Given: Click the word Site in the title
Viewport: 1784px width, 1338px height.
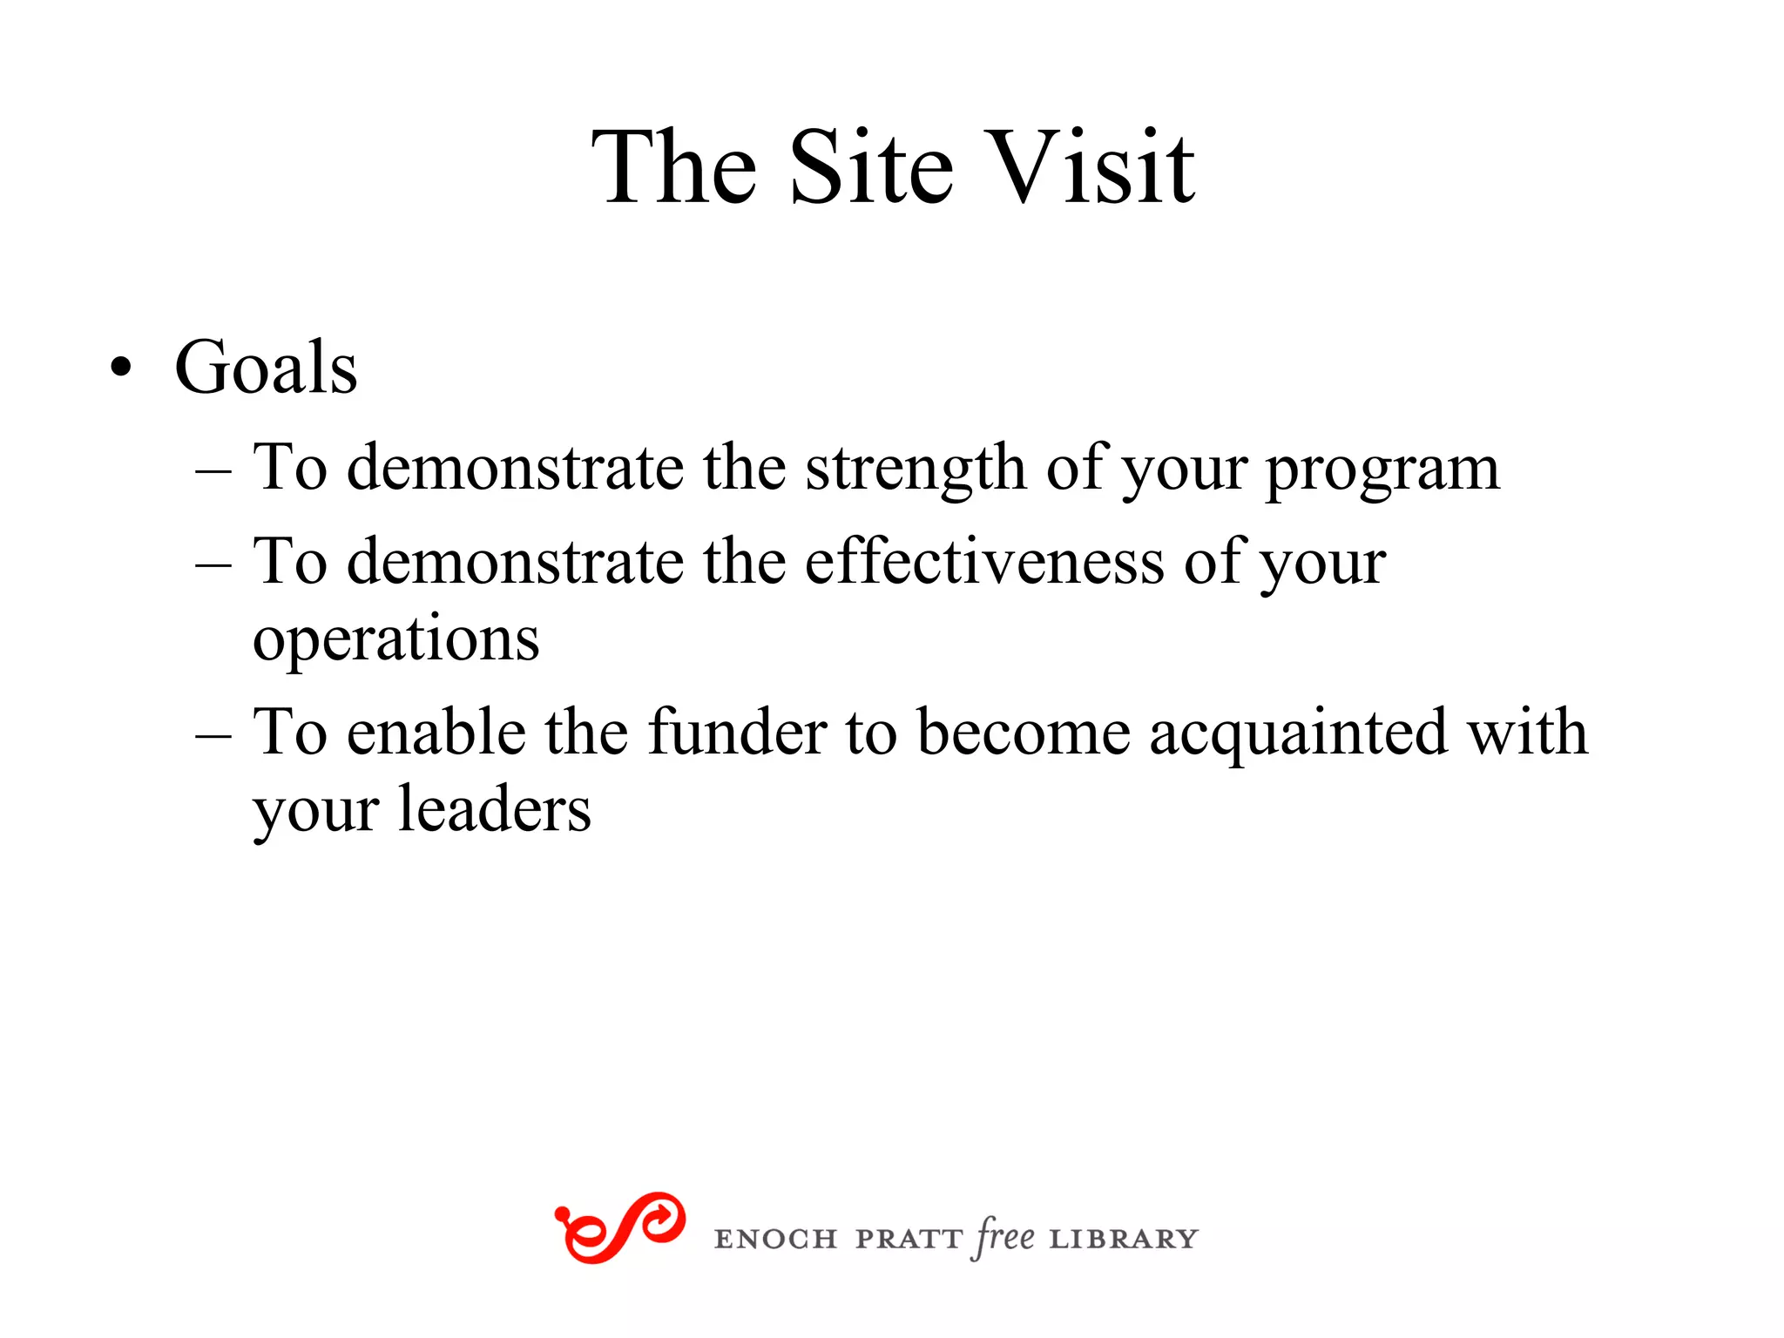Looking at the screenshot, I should click(x=871, y=167).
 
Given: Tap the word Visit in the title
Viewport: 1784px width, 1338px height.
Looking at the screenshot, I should click(x=1092, y=167).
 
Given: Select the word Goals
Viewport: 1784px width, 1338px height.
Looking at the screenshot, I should click(x=266, y=368).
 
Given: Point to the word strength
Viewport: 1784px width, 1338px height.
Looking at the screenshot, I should click(x=916, y=469).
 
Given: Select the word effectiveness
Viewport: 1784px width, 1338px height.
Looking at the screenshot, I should click(x=984, y=562).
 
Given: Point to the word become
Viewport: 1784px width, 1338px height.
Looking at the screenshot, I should click(x=1024, y=732).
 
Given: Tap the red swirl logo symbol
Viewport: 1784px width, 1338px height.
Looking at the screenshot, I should click(x=619, y=1227).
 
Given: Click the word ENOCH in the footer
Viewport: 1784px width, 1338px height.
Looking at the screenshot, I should click(x=775, y=1239).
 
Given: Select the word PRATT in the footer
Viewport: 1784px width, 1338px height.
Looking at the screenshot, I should click(x=909, y=1239).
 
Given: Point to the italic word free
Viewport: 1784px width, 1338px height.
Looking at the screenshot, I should click(x=1004, y=1237).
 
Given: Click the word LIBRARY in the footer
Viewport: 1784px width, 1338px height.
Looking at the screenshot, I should click(x=1124, y=1239).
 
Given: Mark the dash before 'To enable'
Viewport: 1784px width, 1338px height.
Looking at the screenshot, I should click(x=213, y=735).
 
